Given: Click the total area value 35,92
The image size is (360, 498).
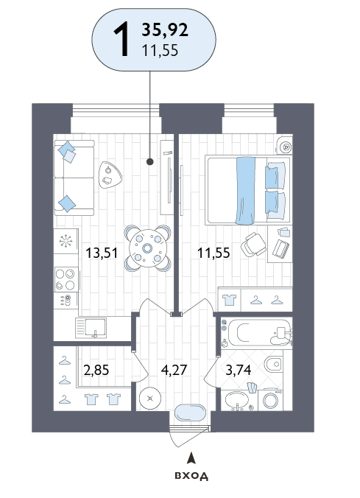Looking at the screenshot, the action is tap(165, 30).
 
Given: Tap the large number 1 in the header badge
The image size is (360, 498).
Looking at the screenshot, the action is tap(122, 39).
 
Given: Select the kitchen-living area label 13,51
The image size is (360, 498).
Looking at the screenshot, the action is tap(102, 253).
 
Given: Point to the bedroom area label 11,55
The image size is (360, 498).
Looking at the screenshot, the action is tap(213, 253).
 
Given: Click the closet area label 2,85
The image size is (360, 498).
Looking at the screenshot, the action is tap(96, 370).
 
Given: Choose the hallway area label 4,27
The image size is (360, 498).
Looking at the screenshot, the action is tap(174, 370).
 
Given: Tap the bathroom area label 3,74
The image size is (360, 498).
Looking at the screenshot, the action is tap(238, 370).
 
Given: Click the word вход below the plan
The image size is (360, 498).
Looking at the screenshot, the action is tap(191, 475).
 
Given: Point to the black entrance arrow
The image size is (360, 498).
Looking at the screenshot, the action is tap(191, 458).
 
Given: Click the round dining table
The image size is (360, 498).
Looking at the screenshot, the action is tap(148, 248).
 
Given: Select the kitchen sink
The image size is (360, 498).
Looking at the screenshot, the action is tap(91, 328).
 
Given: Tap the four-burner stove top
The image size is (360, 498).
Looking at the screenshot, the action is tap(66, 279).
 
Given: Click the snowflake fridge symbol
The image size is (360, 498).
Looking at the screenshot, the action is tap(66, 241).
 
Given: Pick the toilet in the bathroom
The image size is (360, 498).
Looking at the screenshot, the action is tap(273, 364).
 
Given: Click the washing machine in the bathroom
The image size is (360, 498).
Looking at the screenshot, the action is tap(270, 399).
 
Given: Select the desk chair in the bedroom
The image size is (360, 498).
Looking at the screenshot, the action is tap(253, 244).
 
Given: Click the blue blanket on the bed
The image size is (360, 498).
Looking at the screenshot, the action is tap(245, 191).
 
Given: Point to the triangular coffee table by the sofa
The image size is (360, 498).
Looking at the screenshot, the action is tap(110, 175).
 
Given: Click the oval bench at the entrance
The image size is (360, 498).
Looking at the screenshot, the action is tap(191, 413).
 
